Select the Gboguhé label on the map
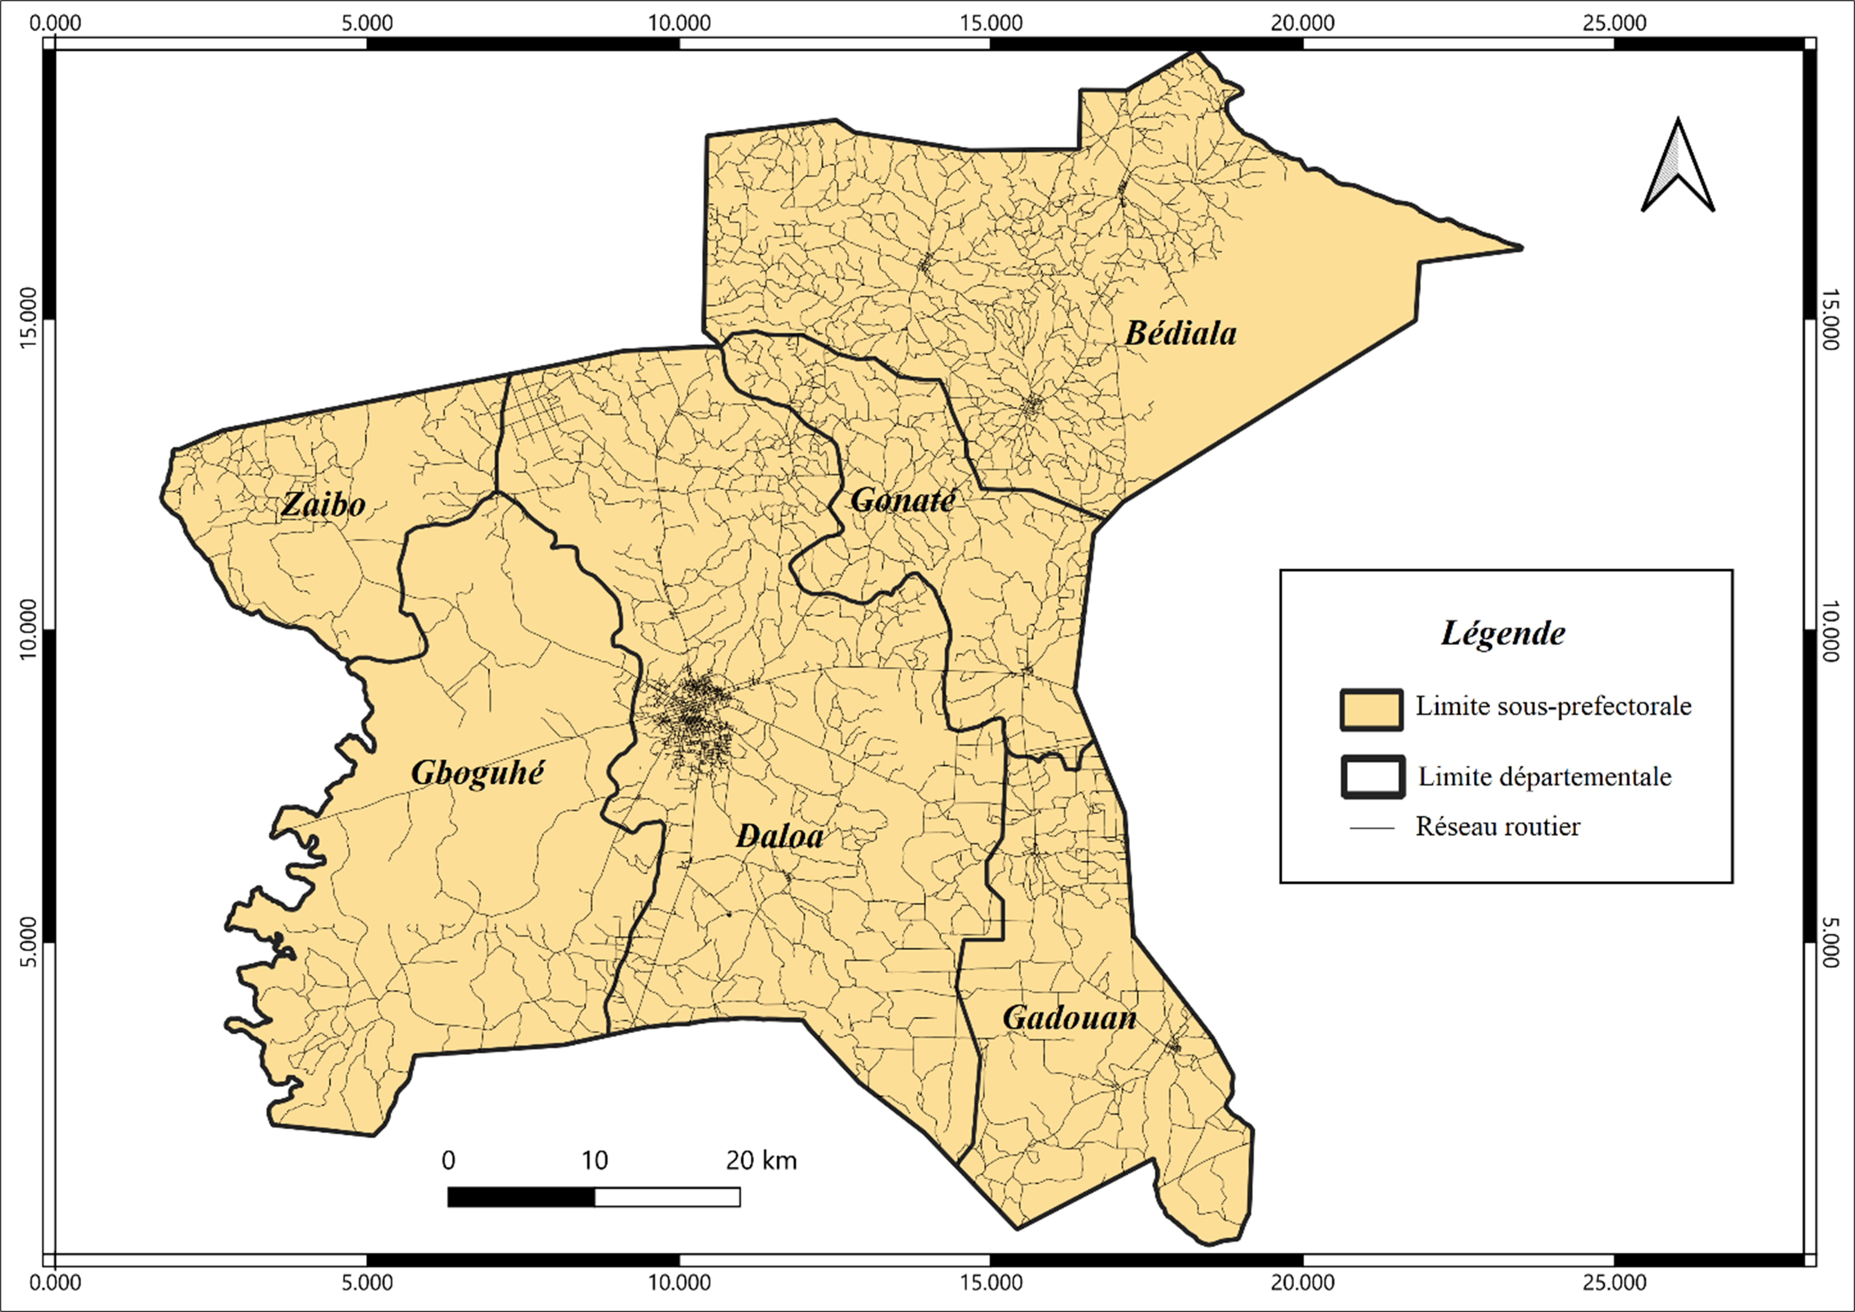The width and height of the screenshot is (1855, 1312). click(477, 773)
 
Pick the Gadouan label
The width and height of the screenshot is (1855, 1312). click(1069, 1018)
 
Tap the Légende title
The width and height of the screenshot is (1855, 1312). click(1503, 633)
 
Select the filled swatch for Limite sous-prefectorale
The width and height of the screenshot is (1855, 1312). click(1371, 710)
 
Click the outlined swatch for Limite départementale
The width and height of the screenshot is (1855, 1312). click(1372, 777)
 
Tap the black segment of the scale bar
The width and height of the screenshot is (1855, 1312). click(521, 1197)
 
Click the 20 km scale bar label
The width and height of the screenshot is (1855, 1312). click(761, 1161)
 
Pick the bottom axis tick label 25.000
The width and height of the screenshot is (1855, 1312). click(1613, 1283)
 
